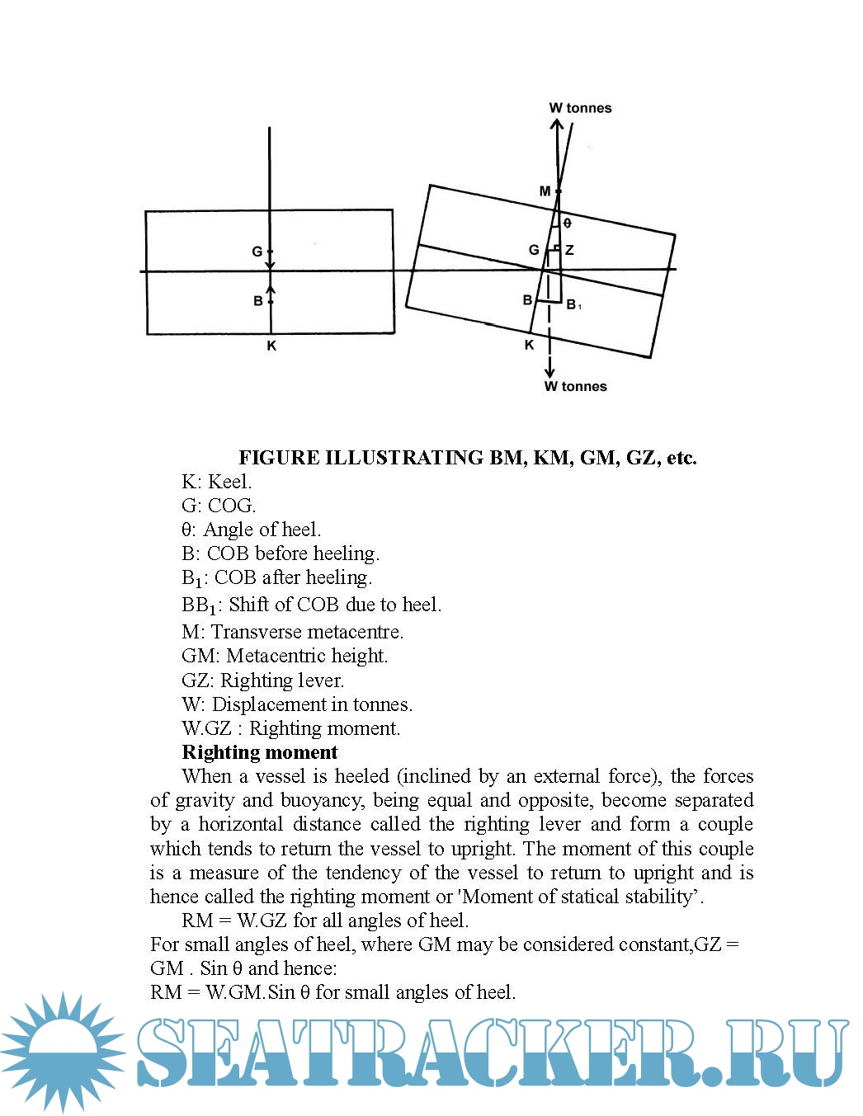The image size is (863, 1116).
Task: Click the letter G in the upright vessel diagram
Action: tap(257, 252)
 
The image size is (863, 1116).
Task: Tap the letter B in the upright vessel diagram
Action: tap(258, 301)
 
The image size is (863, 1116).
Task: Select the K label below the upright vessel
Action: tap(271, 346)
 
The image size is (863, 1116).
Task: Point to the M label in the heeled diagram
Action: tap(545, 191)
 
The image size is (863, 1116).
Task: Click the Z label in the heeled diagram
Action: tap(569, 250)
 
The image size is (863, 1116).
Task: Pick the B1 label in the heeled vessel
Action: tap(573, 305)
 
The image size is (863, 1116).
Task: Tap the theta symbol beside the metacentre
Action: tap(567, 223)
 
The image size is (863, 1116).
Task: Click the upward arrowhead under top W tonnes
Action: tap(557, 126)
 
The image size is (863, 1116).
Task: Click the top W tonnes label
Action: tap(580, 108)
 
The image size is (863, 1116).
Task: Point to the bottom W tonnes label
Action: tap(575, 386)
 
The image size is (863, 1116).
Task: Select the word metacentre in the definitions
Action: tap(356, 632)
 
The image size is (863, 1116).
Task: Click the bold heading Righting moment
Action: tap(260, 752)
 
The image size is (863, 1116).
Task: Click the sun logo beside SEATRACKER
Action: tap(64, 1051)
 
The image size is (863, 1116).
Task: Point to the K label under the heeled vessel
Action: tap(530, 345)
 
